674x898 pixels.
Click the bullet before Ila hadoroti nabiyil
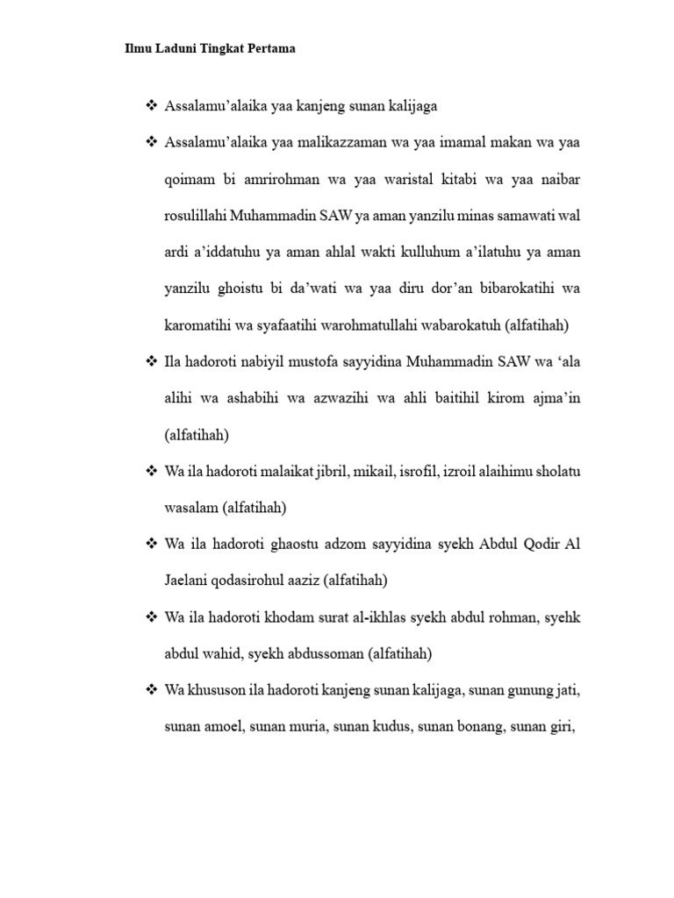point(150,362)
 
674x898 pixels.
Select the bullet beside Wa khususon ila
point(150,691)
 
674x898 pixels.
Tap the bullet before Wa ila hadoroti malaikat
point(150,472)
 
